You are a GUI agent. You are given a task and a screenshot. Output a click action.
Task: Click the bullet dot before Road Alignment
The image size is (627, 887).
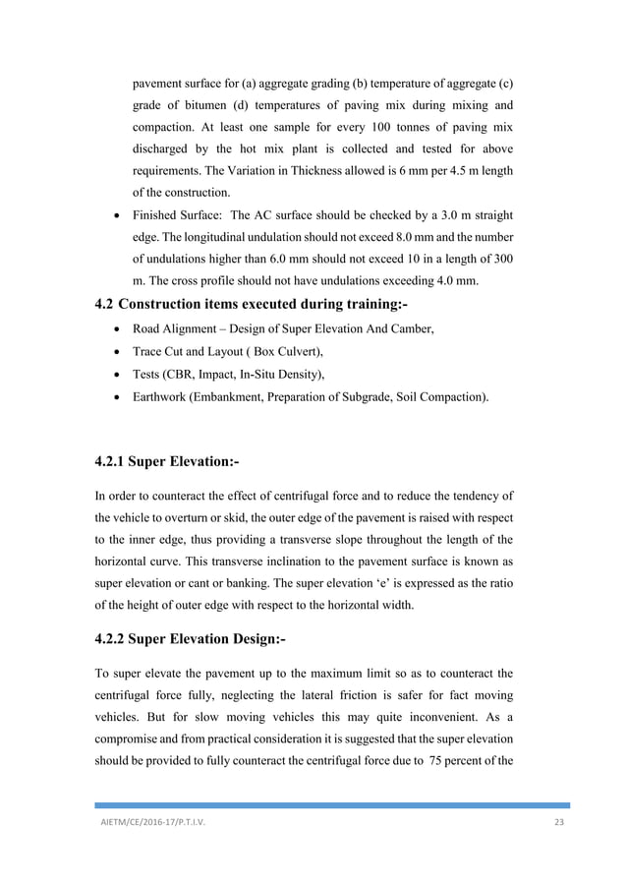119,329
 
